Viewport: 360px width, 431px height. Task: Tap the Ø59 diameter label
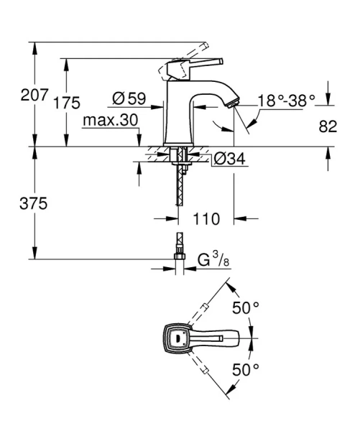point(130,96)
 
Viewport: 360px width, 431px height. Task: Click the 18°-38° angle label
point(286,102)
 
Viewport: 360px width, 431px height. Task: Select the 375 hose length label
point(33,204)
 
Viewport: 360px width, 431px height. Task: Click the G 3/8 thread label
point(208,259)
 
